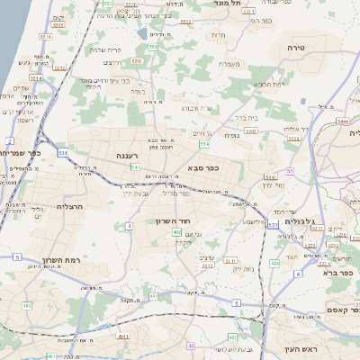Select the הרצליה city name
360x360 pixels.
point(68,205)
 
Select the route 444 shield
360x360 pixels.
point(343,121)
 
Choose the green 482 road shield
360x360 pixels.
point(26,306)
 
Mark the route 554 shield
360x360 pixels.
point(205,143)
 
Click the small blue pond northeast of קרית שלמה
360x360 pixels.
point(143,34)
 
